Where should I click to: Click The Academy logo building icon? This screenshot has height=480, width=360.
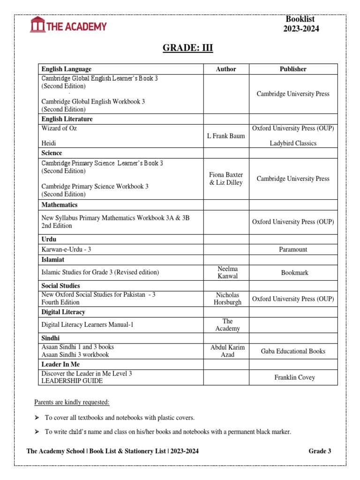pos(37,25)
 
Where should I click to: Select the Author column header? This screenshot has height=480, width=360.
pos(226,69)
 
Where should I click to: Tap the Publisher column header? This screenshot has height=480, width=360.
pos(293,69)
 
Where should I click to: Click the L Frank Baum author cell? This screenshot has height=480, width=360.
pos(226,136)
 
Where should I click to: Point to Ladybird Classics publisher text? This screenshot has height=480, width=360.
pos(293,143)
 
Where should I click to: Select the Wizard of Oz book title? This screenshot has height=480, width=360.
pos(59,128)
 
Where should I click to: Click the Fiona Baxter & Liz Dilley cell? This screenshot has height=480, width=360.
pos(226,179)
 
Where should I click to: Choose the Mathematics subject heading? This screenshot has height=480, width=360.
pos(60,205)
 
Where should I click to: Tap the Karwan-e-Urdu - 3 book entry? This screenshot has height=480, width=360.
pos(66,249)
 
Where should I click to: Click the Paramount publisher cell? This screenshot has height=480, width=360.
pos(293,249)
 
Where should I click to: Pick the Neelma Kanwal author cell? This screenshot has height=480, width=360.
pos(227,272)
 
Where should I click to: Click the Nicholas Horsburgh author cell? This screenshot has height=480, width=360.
pos(227,299)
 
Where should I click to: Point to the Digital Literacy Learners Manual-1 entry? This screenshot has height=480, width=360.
pos(88,324)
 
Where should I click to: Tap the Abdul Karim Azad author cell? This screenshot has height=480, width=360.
pos(227,351)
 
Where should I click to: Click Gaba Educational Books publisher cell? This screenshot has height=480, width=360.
pos(293,351)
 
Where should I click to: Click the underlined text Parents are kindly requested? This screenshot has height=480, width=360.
pos(72,402)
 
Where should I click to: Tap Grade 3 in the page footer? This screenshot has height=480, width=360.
pos(320,451)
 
